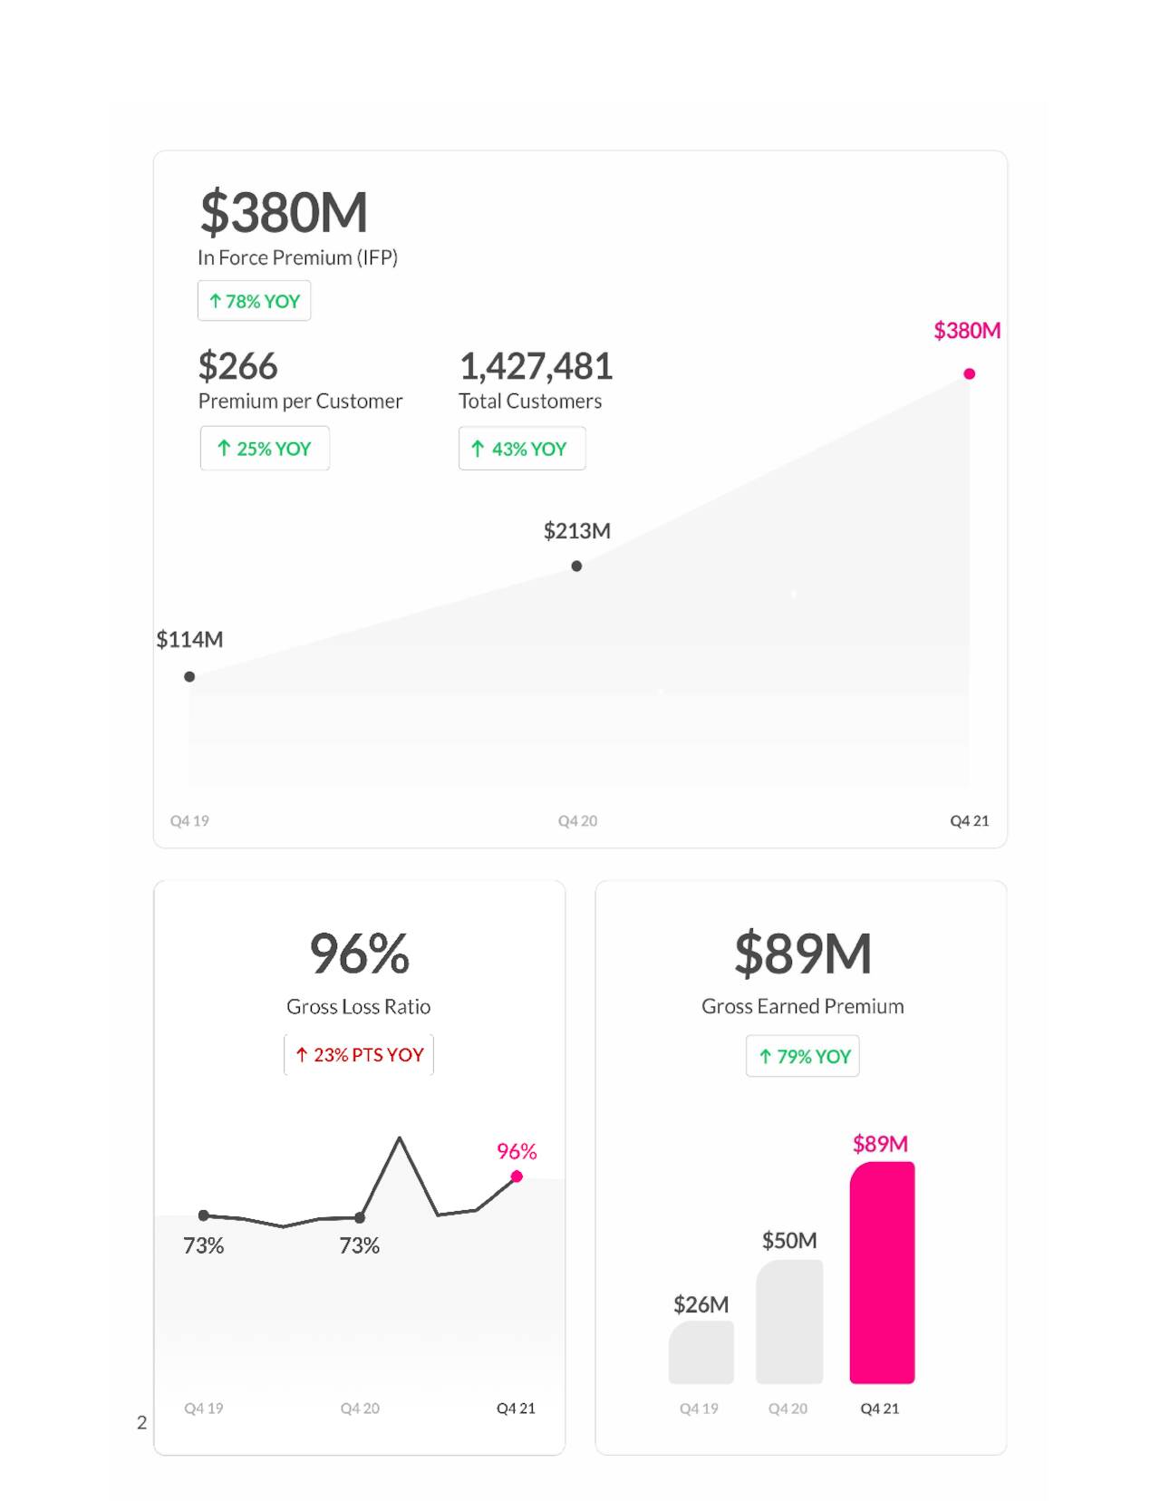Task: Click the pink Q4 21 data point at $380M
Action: pyautogui.click(x=969, y=373)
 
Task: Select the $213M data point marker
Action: pyautogui.click(x=576, y=566)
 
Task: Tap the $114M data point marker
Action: pyautogui.click(x=189, y=676)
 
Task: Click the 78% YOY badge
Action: pyautogui.click(x=254, y=301)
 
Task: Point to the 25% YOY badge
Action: pyautogui.click(x=265, y=449)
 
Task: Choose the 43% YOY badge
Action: pyautogui.click(x=522, y=449)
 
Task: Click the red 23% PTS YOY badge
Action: pyautogui.click(x=359, y=1055)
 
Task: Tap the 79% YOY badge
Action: pyautogui.click(x=803, y=1057)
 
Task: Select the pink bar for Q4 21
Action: pyautogui.click(x=882, y=1273)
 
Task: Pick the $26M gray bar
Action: pyautogui.click(x=701, y=1352)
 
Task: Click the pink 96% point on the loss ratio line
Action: pyautogui.click(x=517, y=1177)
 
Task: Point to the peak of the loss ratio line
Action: pyautogui.click(x=400, y=1138)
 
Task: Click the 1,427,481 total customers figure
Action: pyautogui.click(x=536, y=367)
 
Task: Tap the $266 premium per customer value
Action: pyautogui.click(x=238, y=367)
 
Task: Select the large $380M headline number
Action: pyautogui.click(x=284, y=212)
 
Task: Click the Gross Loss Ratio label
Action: pyautogui.click(x=359, y=1006)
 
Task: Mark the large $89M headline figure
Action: pyautogui.click(x=803, y=954)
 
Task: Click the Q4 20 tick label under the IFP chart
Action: pyautogui.click(x=577, y=821)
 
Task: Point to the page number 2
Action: pyautogui.click(x=141, y=1422)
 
